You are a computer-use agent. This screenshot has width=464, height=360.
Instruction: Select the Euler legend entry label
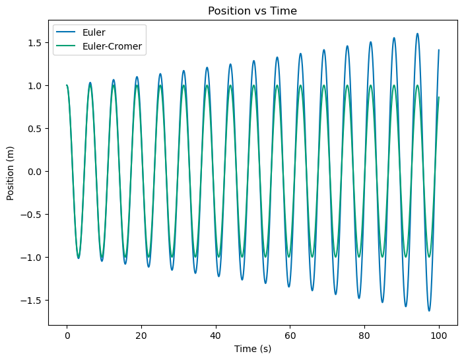[x=94, y=32]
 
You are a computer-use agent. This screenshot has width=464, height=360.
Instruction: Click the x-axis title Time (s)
[x=253, y=349]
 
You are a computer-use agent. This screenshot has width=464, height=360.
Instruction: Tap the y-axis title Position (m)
[x=11, y=172]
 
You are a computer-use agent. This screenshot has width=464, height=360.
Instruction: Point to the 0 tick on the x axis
[x=67, y=336]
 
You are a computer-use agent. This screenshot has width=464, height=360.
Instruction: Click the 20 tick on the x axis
[x=141, y=336]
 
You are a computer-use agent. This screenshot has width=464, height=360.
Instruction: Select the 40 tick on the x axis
[x=216, y=336]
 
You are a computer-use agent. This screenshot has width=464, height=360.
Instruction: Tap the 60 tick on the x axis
[x=290, y=336]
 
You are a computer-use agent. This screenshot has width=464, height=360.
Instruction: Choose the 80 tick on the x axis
[x=364, y=336]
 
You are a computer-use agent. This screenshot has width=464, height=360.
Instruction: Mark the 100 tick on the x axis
[x=439, y=336]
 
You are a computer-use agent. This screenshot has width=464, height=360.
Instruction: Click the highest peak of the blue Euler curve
[x=417, y=34]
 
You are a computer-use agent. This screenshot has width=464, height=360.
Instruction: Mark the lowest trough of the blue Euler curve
[x=429, y=310]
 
